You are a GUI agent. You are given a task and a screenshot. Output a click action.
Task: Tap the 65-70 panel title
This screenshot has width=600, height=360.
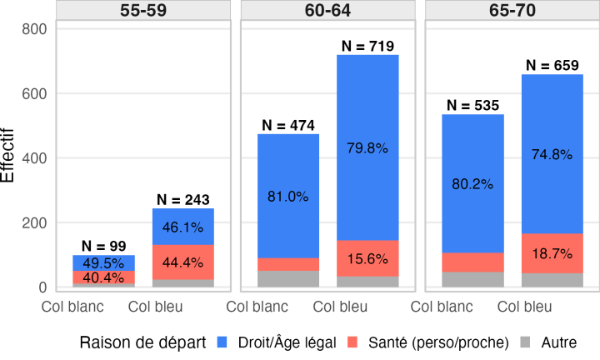coord(512,11)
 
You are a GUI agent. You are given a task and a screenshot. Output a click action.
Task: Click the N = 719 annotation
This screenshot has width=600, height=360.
coord(367,45)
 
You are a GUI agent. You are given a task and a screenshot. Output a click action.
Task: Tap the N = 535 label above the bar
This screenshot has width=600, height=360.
coord(473,105)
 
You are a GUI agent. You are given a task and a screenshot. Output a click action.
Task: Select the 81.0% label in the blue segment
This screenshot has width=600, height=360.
coord(288,197)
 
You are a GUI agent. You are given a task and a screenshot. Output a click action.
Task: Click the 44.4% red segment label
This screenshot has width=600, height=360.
coord(182,262)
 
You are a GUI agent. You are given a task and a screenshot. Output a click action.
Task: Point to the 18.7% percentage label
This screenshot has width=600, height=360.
coord(552,254)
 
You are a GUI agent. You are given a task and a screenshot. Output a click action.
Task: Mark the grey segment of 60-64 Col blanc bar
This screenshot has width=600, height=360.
coord(288,278)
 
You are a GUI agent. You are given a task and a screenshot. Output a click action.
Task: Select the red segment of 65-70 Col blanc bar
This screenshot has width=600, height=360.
coord(473,262)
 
